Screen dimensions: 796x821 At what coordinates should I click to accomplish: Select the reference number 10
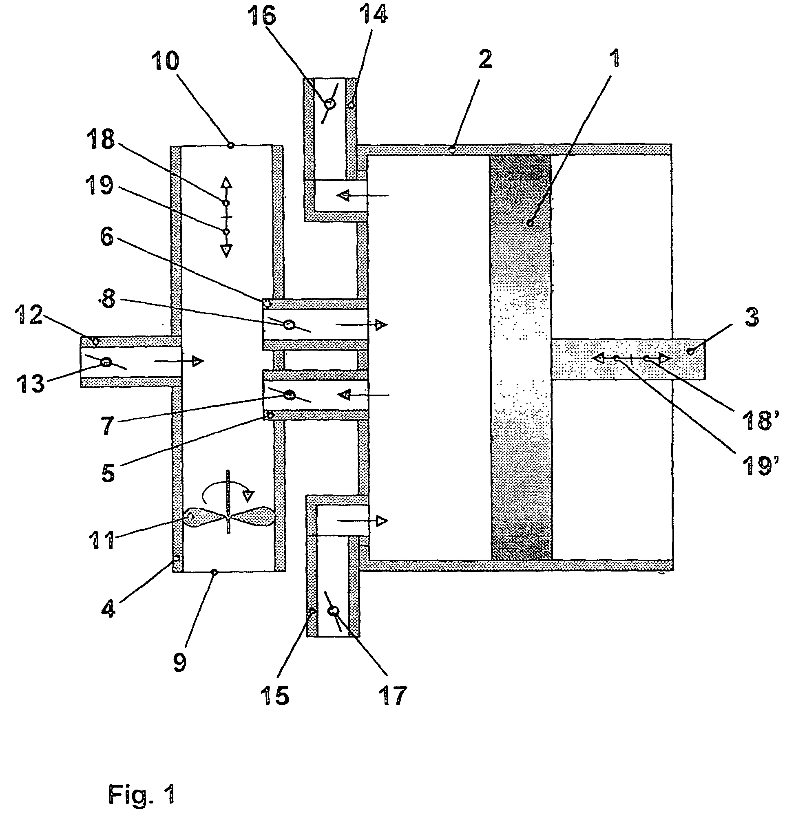[x=166, y=62]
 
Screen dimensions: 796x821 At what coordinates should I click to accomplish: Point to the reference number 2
[x=485, y=60]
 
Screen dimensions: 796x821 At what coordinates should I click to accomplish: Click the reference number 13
[x=30, y=383]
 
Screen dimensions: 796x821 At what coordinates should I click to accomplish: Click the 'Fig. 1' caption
[x=142, y=794]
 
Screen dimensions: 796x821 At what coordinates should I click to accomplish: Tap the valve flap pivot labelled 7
[x=289, y=394]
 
